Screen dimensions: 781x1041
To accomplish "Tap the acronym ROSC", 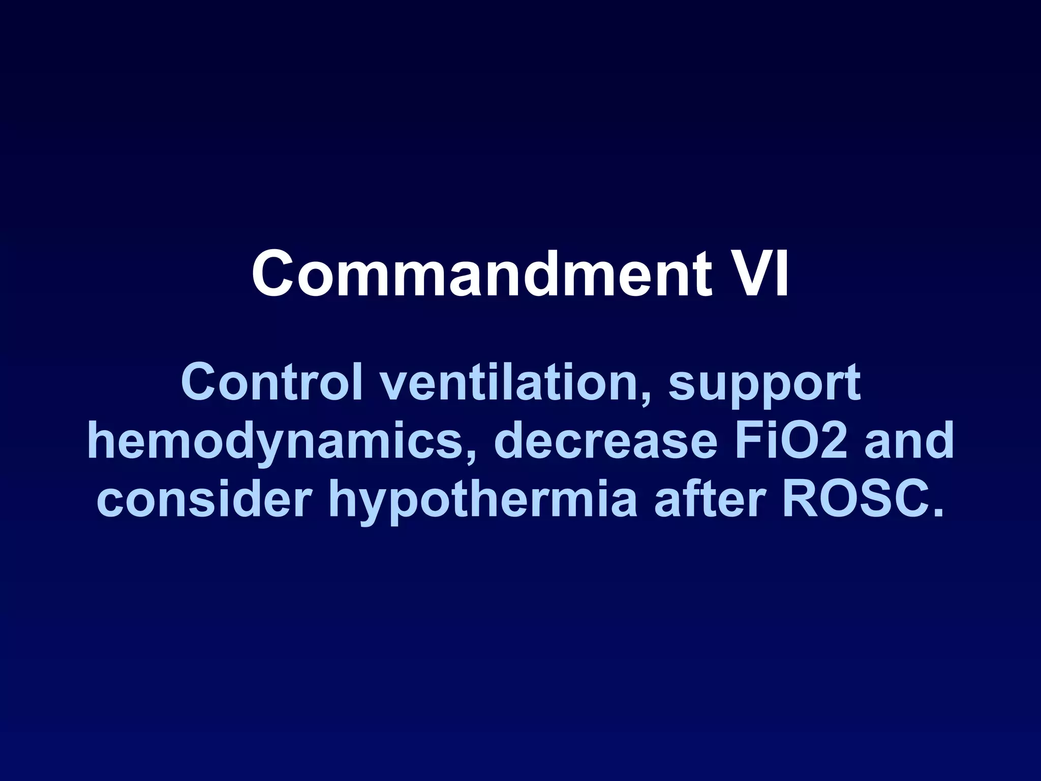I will coord(854,499).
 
